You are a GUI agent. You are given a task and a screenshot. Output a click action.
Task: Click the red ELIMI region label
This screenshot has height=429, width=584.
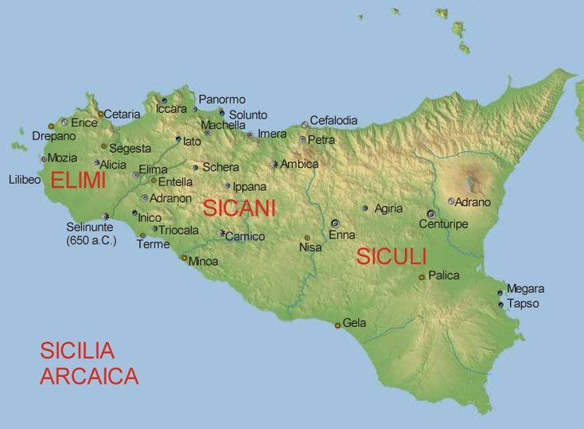pyautogui.click(x=78, y=181)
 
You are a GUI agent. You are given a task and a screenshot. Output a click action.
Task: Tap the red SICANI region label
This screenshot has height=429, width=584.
pyautogui.click(x=239, y=209)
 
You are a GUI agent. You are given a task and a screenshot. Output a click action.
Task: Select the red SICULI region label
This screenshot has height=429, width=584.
pyautogui.click(x=391, y=256)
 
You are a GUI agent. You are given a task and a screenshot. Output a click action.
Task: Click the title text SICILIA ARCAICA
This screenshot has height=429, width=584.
pyautogui.click(x=89, y=363)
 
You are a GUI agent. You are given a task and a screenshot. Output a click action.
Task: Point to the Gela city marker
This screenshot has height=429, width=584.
pyautogui.click(x=337, y=325)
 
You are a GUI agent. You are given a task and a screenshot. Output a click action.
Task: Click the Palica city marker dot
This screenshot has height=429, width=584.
pyautogui.click(x=422, y=277)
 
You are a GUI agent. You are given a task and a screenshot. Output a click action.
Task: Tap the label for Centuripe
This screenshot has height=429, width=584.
pyautogui.click(x=444, y=224)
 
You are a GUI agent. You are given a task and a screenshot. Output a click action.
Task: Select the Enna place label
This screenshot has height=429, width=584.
pyautogui.click(x=341, y=236)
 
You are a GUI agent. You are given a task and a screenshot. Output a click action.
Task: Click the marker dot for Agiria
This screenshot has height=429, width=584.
pyautogui.click(x=365, y=209)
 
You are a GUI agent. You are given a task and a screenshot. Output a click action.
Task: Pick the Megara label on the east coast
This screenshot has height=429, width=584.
pyautogui.click(x=525, y=289)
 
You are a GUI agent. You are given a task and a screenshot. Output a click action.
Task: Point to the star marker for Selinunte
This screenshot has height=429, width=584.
pyautogui.click(x=107, y=216)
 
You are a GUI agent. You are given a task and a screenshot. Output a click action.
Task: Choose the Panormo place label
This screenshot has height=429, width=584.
pyautogui.click(x=222, y=99)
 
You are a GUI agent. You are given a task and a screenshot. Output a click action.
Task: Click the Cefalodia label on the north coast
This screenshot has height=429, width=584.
pyautogui.click(x=333, y=120)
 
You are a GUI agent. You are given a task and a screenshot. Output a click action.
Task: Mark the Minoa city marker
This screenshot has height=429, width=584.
pyautogui.click(x=184, y=258)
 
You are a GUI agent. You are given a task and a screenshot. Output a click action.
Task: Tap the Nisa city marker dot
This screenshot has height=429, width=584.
pyautogui.click(x=307, y=238)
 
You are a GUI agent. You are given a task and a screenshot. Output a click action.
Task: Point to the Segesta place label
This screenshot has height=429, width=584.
pyautogui.click(x=130, y=148)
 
